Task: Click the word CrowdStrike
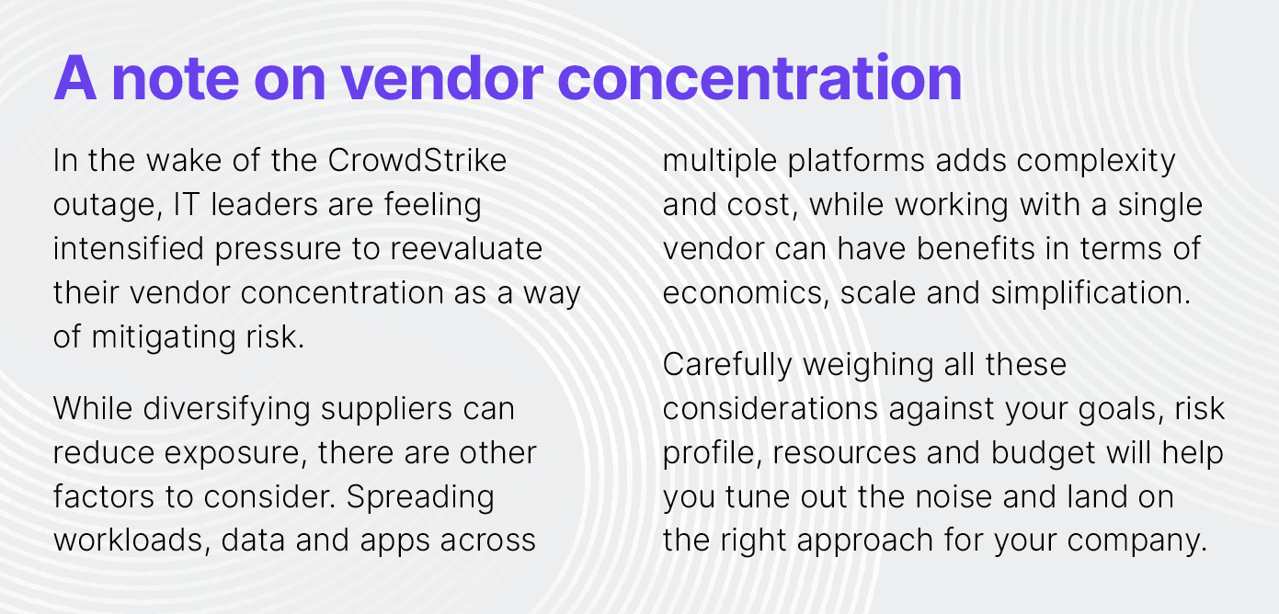417,160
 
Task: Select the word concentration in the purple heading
763,78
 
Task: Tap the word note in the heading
176,79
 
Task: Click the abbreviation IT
186,204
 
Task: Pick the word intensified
129,249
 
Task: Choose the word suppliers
386,410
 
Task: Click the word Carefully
727,366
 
